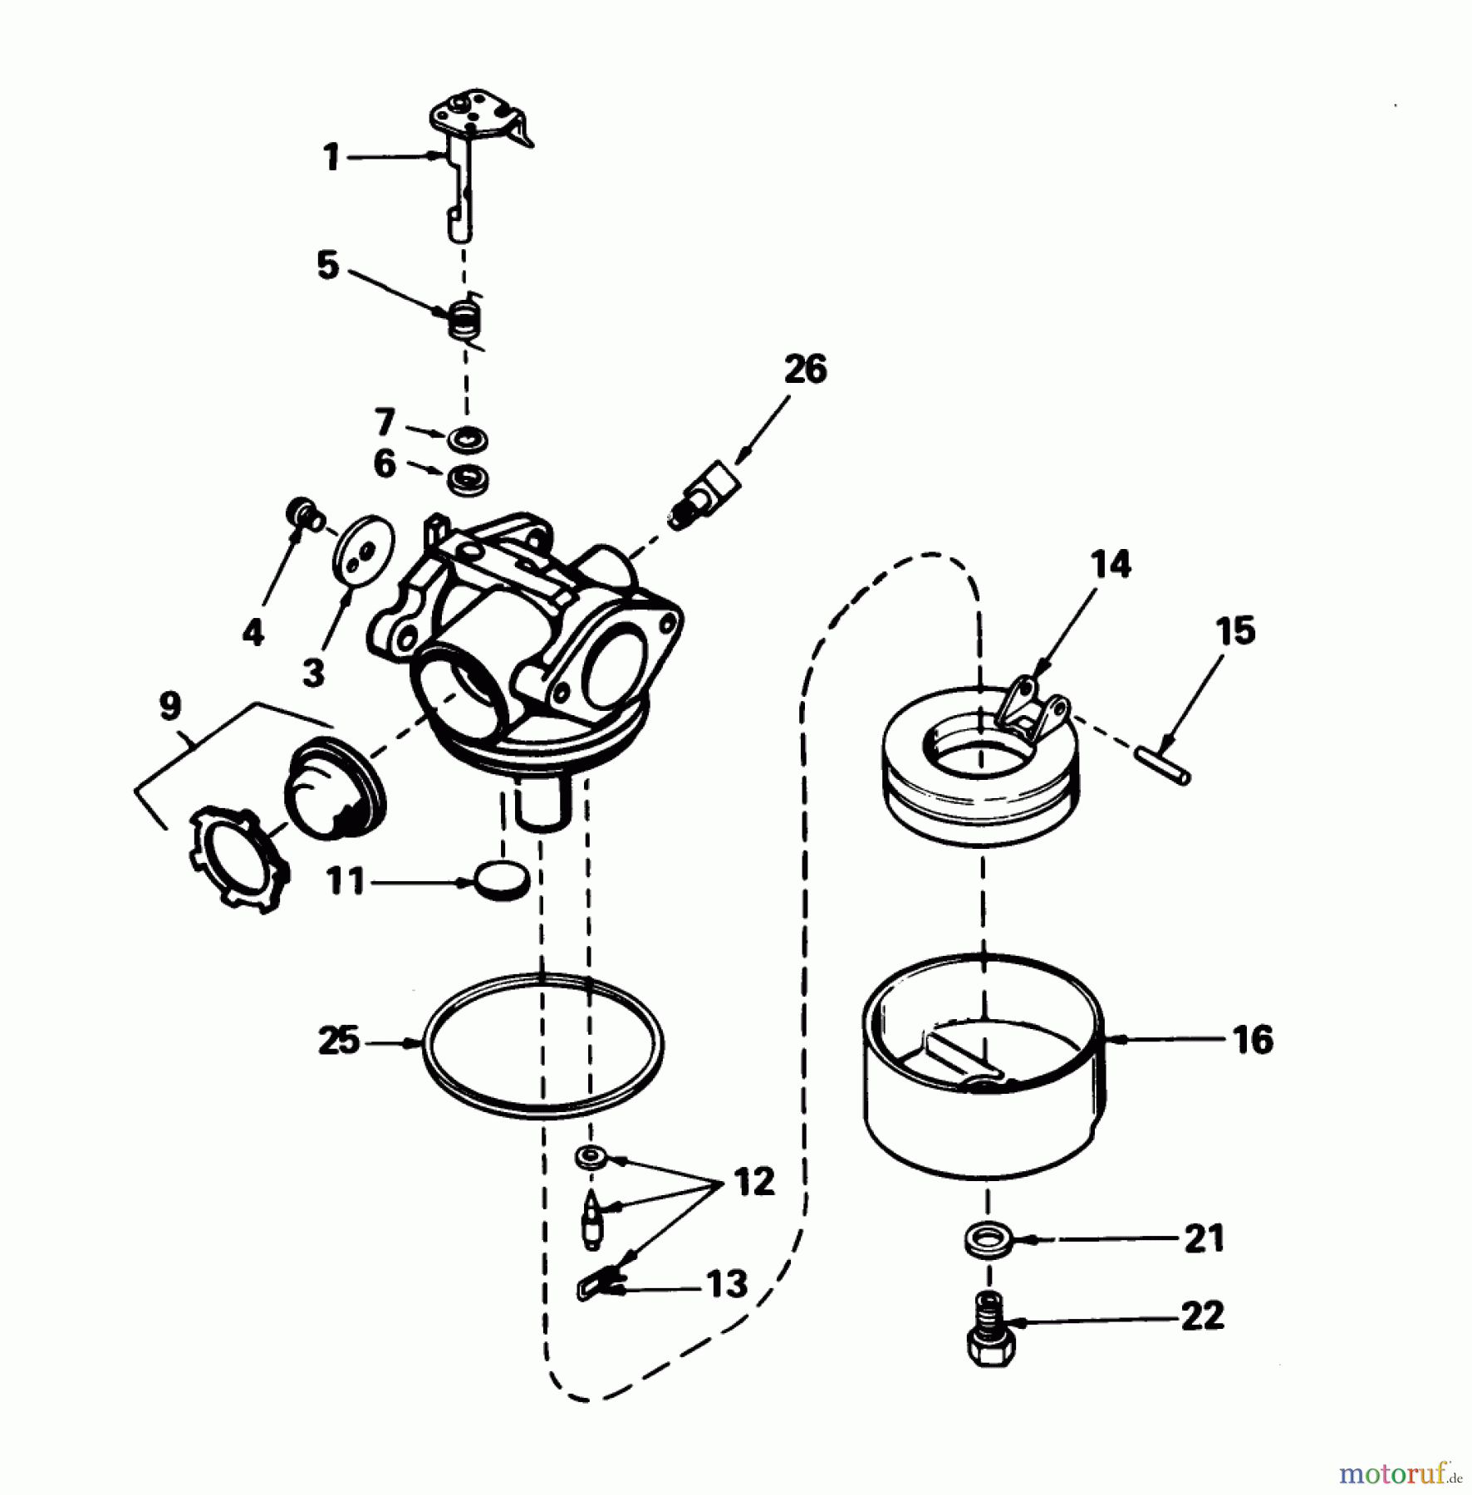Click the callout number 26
pyautogui.click(x=805, y=370)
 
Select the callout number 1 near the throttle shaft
pyautogui.click(x=331, y=156)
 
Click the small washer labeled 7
pyautogui.click(x=468, y=439)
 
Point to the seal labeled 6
pyautogui.click(x=467, y=481)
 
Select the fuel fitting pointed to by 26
pyautogui.click(x=705, y=497)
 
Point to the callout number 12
pyautogui.click(x=753, y=1181)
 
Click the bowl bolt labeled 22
pyautogui.click(x=989, y=1336)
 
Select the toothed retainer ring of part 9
pyautogui.click(x=239, y=861)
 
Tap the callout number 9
pyautogui.click(x=169, y=706)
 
